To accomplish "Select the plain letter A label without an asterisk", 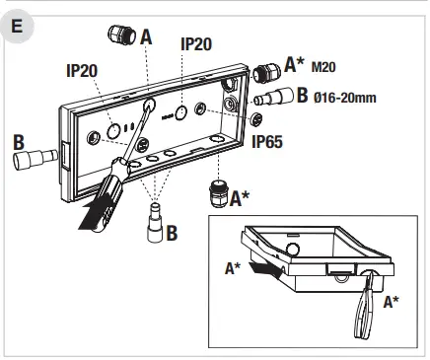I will coord(146,36).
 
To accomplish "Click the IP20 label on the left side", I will coord(84,72).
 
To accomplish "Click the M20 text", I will coord(324,68).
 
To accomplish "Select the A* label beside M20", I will coord(294,65).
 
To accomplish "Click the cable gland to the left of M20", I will coord(262,72).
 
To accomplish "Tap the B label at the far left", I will coord(18,143).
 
